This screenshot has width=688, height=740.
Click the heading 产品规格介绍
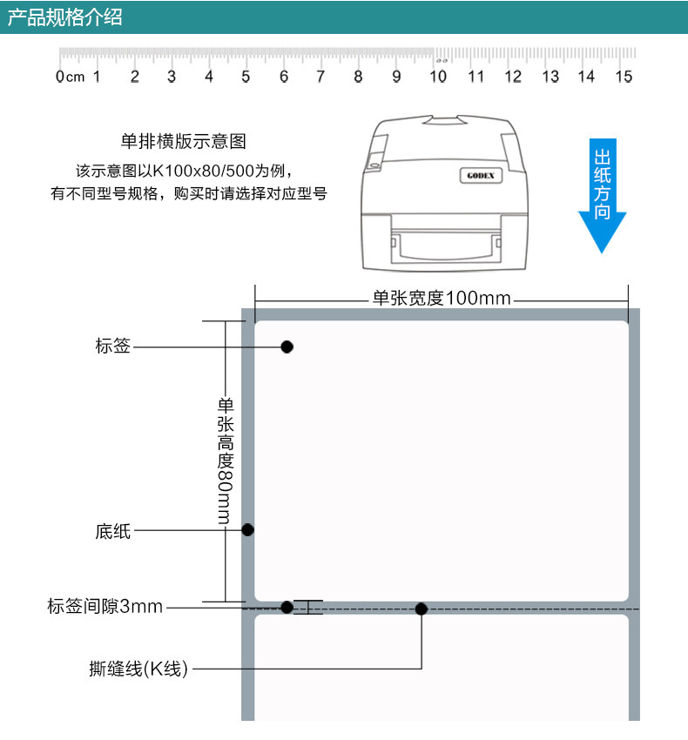pyautogui.click(x=65, y=17)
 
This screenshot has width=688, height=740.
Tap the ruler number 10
pyautogui.click(x=438, y=77)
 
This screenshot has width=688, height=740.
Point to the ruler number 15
pyautogui.click(x=624, y=77)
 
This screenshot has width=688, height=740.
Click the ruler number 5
pyautogui.click(x=246, y=77)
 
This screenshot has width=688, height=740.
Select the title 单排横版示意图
pyautogui.click(x=189, y=141)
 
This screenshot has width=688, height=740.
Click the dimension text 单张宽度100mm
pyautogui.click(x=442, y=298)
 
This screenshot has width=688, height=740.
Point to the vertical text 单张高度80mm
pyautogui.click(x=225, y=460)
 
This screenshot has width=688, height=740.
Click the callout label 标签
pyautogui.click(x=113, y=346)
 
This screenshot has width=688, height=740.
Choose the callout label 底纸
pyautogui.click(x=113, y=530)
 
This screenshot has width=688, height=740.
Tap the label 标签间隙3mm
pyautogui.click(x=105, y=607)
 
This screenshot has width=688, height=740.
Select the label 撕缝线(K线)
pyautogui.click(x=138, y=669)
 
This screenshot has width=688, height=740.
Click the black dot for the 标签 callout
pyautogui.click(x=287, y=346)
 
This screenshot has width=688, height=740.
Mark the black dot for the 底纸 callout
pyautogui.click(x=247, y=529)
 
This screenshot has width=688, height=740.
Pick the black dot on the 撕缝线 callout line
pyautogui.click(x=421, y=609)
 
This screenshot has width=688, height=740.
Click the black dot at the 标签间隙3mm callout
pyautogui.click(x=287, y=607)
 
